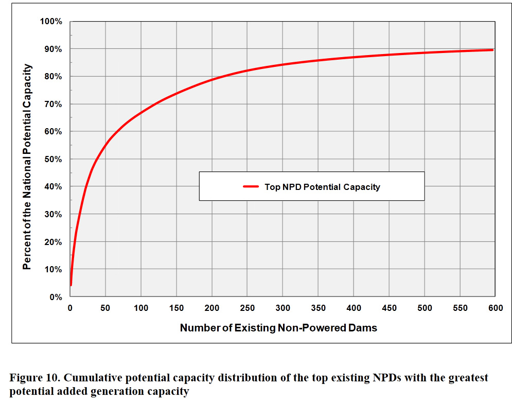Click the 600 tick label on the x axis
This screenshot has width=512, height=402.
[x=495, y=308]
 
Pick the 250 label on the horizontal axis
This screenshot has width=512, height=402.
[x=247, y=308]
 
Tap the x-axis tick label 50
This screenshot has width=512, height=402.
[x=105, y=308]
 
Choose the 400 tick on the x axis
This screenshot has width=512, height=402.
[x=354, y=308]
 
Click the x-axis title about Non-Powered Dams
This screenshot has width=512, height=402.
[x=278, y=328]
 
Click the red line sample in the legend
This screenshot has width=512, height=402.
[x=251, y=187]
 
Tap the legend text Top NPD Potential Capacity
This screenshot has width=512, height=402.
[x=322, y=187]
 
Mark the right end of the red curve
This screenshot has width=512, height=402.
[x=493, y=50]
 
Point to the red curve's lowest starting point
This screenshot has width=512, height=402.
[x=71, y=285]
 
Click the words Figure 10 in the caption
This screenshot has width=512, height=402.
[x=34, y=378]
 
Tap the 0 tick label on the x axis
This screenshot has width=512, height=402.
[x=70, y=308]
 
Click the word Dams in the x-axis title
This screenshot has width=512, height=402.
[x=365, y=328]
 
